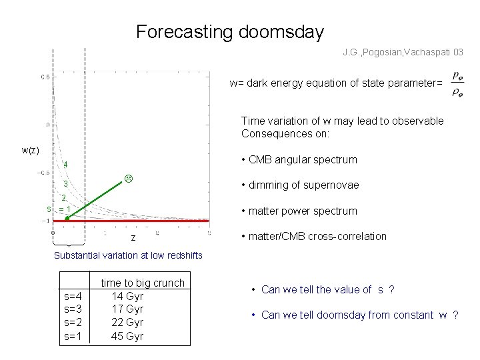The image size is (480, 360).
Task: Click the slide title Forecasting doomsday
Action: pos(230,31)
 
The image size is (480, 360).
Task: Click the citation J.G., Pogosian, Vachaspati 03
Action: pos(403,52)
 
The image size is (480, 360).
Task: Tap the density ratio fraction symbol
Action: pos(458,84)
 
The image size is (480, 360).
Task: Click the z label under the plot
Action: pos(133,238)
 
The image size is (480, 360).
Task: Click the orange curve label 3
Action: pos(65,184)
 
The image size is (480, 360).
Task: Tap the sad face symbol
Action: pos(127,178)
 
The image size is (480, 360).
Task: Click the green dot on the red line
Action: pos(67,218)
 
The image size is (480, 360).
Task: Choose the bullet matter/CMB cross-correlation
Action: pos(313,236)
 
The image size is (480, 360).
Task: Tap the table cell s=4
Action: pos(73,296)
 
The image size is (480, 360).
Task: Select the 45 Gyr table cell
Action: pos(127,336)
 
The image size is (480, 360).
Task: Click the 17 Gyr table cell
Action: pos(127,309)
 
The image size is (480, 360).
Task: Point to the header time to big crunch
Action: pos(143,283)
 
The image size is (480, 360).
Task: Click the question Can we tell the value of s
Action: pos(323,289)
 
